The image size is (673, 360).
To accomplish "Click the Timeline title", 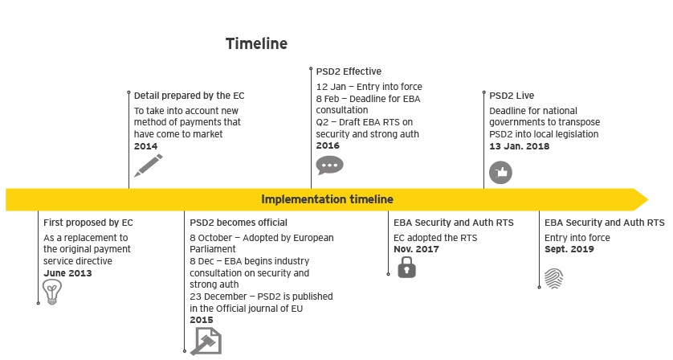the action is (256, 43).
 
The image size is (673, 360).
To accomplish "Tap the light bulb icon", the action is (52, 292).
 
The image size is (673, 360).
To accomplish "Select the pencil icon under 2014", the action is (149, 166).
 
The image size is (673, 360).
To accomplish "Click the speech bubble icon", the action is (329, 166).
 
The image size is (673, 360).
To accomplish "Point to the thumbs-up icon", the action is (500, 172).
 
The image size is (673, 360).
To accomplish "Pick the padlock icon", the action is (407, 268).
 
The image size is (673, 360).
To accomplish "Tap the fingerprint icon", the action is (553, 278).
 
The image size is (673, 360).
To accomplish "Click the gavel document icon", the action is (206, 341).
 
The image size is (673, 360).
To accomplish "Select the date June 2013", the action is (67, 273).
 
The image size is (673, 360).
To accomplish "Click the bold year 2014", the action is (145, 146).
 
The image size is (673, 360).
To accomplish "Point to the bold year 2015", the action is (202, 320).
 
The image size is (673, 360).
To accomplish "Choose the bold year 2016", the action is (328, 145).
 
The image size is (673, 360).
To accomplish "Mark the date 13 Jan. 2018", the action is (520, 146).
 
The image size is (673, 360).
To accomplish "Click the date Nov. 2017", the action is (416, 249).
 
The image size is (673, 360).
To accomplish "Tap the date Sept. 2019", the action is (569, 249).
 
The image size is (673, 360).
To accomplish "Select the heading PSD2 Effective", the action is (349, 72).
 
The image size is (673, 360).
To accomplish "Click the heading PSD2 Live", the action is (512, 96).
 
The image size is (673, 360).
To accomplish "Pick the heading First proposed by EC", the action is (88, 223).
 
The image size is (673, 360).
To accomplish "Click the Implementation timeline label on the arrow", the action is (327, 199).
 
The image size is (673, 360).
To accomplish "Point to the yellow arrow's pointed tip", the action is (647, 199).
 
